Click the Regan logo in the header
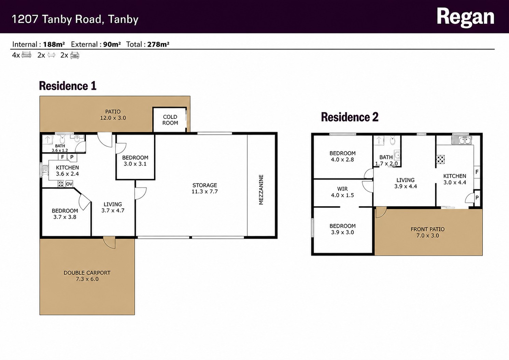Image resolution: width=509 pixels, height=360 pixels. pos(465,17)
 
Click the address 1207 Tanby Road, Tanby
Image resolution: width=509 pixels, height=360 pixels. pos(75,19)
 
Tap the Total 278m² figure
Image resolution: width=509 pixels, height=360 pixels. pos(148,44)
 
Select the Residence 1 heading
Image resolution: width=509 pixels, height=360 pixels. pos(68,86)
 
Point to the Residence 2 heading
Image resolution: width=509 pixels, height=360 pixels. pos(350,117)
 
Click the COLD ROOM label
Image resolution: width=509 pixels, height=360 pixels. pos(170,120)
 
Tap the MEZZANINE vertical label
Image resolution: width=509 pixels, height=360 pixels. pos(261,190)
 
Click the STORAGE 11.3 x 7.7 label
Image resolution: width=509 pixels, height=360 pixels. pos(204,188)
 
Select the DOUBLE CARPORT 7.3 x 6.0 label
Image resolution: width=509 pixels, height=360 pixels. pos(87,276)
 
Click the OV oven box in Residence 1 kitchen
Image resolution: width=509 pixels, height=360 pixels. pos(69,184)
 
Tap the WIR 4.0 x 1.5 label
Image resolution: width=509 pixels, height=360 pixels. pos(342,192)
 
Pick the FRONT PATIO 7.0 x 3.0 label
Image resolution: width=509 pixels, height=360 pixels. pos(428,232)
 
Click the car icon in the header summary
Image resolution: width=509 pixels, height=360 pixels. pos(75,55)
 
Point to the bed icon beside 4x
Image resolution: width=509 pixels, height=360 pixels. pos(26,55)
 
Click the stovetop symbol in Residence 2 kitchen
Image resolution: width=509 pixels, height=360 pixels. pos(440,159)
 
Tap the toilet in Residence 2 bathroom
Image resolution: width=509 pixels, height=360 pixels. pos(393,140)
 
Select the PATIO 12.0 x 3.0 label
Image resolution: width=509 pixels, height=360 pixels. pos(113,115)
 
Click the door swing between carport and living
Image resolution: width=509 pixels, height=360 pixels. pos(110,243)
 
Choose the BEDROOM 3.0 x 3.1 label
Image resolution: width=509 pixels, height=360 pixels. pos(135,161)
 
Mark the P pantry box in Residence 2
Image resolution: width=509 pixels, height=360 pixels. pos(477,198)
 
